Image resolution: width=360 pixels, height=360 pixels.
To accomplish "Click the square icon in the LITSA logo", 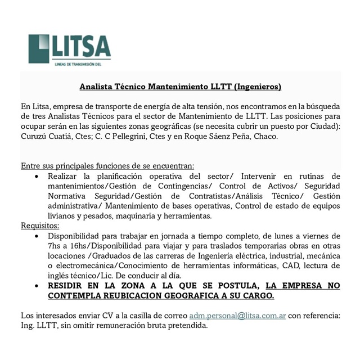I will tap(39, 49).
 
